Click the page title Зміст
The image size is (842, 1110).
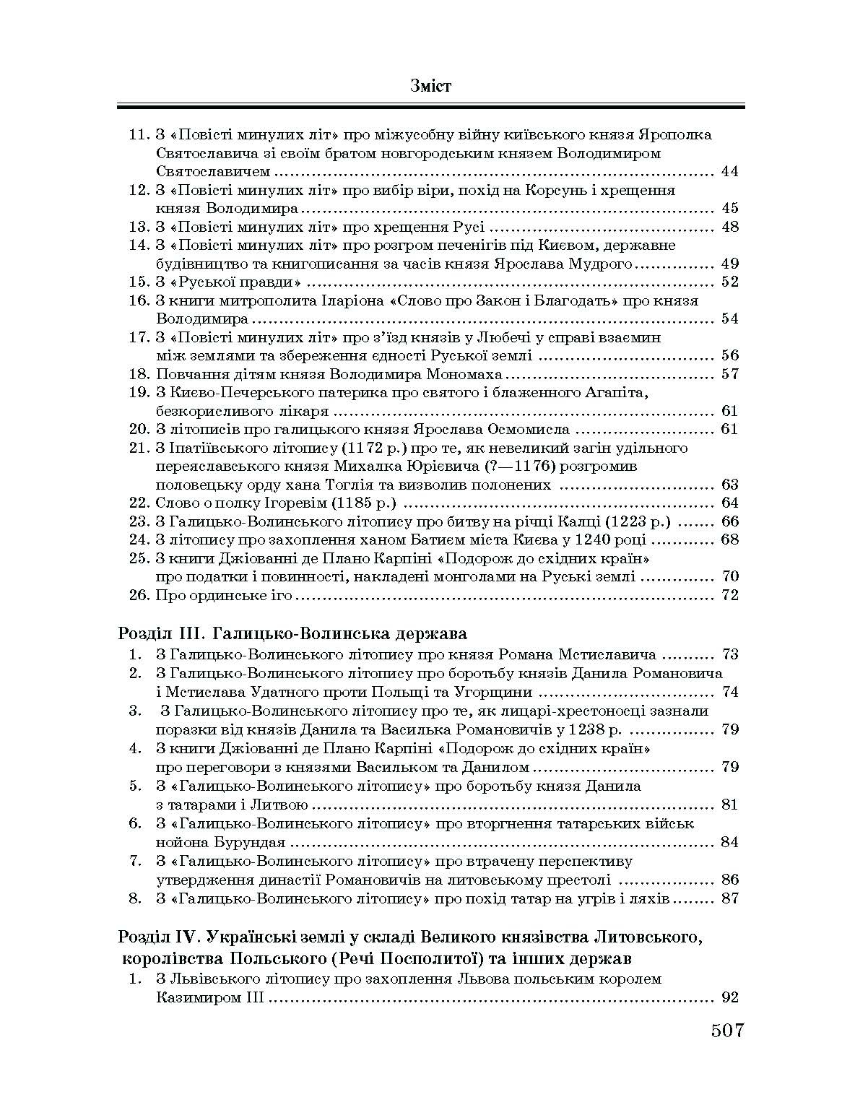430,86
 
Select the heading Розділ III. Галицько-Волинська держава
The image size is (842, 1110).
292,633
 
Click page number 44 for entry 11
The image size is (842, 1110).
729,172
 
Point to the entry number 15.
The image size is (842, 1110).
138,282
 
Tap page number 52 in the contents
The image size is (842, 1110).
729,282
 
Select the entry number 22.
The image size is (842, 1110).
138,503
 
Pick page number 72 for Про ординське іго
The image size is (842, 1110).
729,596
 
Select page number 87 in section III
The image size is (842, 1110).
729,899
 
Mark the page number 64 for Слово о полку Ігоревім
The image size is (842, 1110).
729,503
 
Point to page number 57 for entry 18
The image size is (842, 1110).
729,374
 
